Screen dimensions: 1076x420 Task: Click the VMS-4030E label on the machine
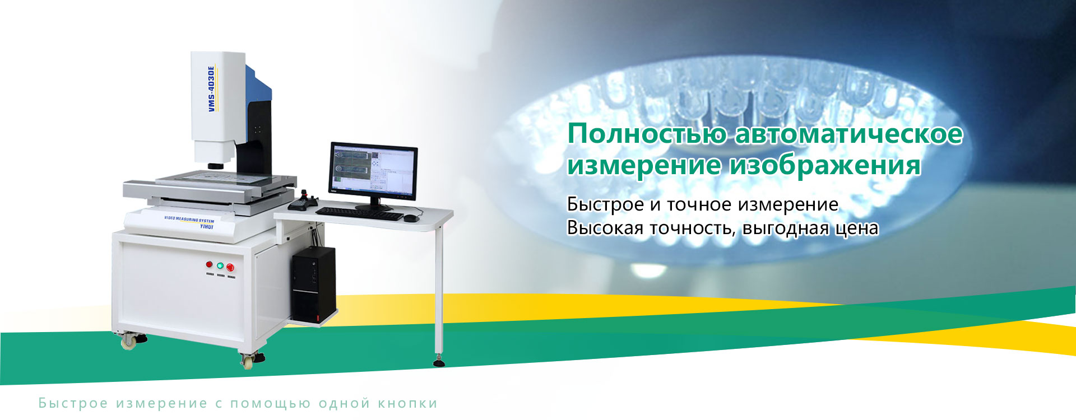[212, 88]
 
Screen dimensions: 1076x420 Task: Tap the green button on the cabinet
[220, 266]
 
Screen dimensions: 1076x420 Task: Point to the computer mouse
[411, 218]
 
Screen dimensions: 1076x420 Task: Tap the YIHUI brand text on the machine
[207, 227]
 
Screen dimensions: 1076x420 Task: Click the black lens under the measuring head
[216, 166]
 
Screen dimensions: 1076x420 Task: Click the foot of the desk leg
[439, 362]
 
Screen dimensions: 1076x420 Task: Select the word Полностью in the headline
[647, 134]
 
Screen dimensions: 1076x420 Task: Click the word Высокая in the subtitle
[605, 228]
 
